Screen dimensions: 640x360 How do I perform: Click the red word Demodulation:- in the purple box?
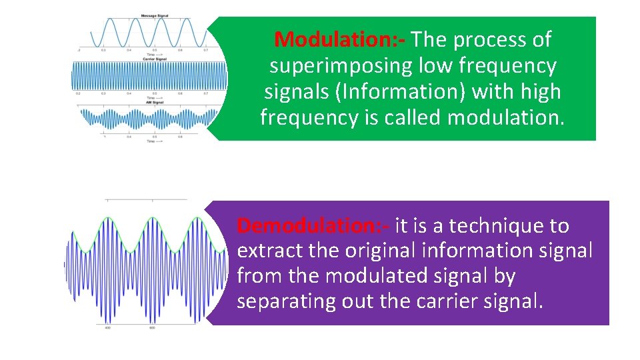pyautogui.click(x=313, y=226)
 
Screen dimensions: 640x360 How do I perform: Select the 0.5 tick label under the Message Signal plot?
pyautogui.click(x=155, y=50)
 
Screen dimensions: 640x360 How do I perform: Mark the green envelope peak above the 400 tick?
pyautogui.click(x=108, y=217)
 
